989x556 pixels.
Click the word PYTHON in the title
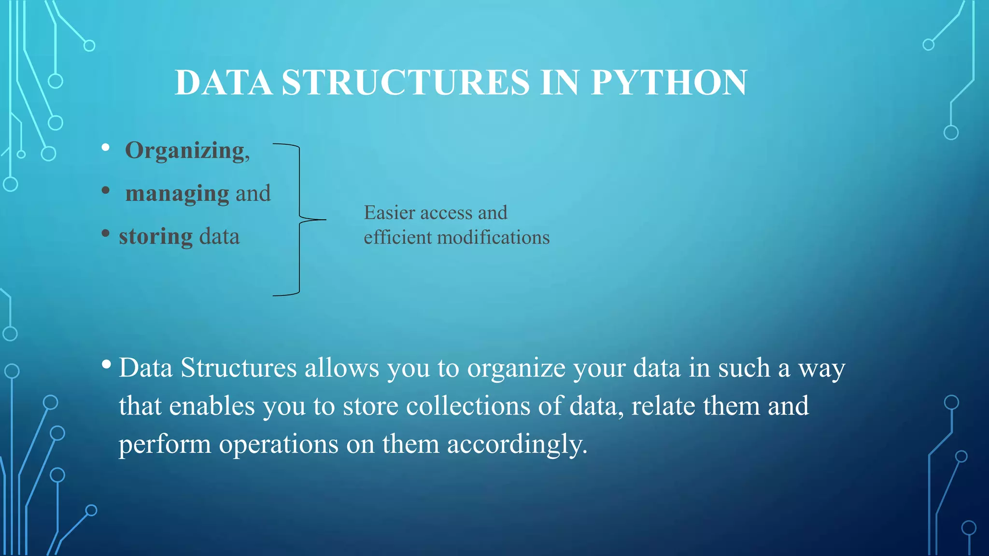point(669,83)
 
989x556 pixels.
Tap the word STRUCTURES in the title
point(406,83)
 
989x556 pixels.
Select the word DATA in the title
point(223,83)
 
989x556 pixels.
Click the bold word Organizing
point(185,151)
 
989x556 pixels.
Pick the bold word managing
point(177,194)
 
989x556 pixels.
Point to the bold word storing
point(155,237)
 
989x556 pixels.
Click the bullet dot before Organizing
point(106,147)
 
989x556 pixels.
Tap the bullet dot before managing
point(106,190)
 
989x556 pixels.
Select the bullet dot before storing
point(106,234)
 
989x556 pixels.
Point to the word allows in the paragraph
point(341,368)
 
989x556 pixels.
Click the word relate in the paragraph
point(663,406)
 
